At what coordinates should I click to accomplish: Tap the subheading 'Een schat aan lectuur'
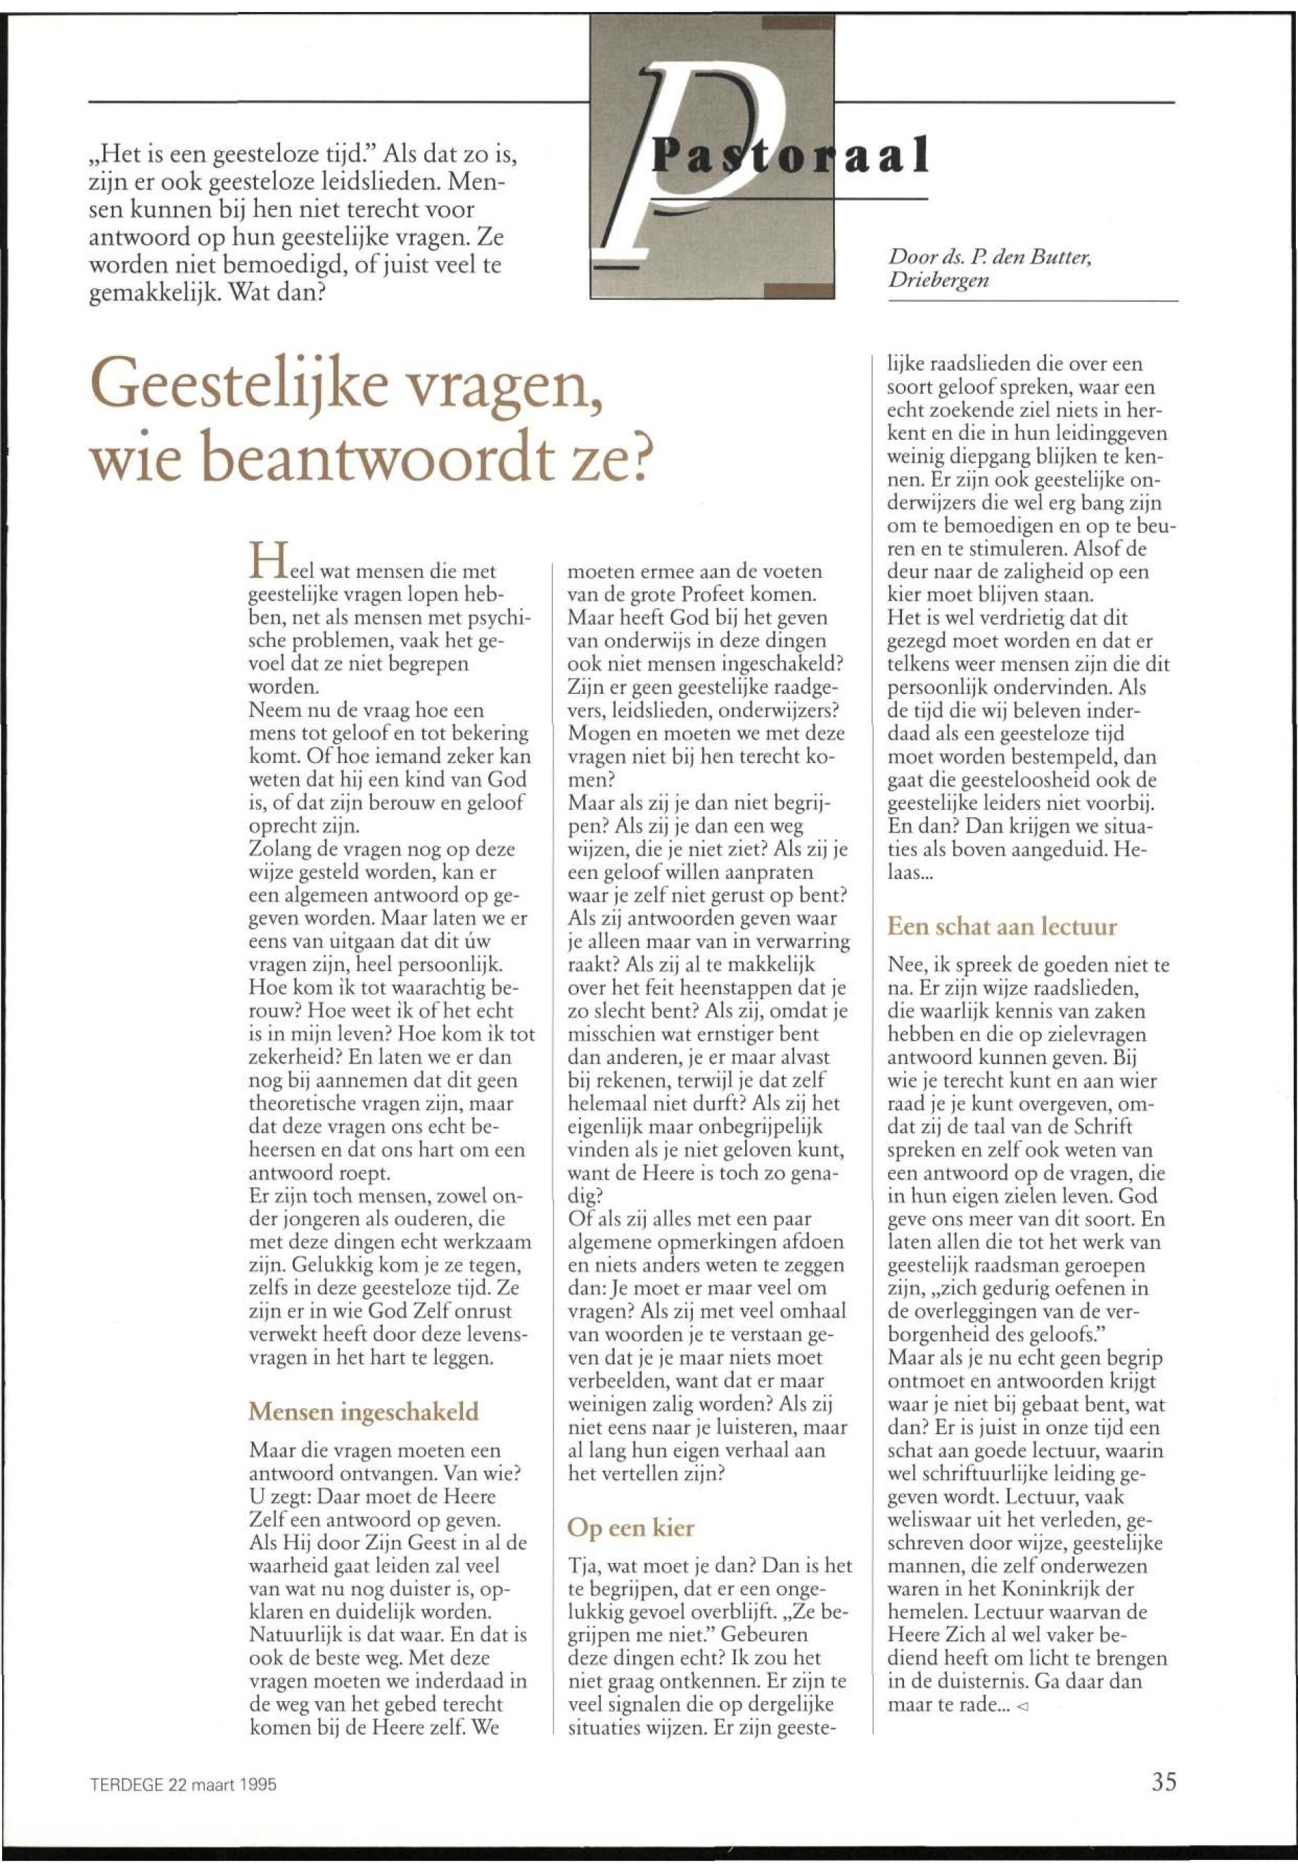(1001, 927)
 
